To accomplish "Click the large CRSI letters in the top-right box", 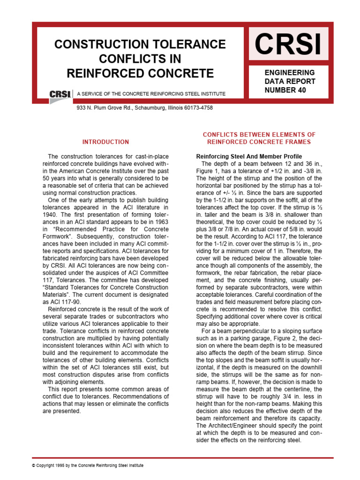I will (288, 45).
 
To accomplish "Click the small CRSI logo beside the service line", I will (60, 94).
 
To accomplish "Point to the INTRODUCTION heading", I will (105, 142).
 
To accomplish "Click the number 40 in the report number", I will (300, 90).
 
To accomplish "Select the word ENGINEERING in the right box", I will (290, 73).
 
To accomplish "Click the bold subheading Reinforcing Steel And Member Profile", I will (248, 156).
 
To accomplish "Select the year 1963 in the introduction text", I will (153, 223).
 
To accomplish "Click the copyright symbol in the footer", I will (33, 465).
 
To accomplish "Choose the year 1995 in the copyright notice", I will (59, 465).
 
